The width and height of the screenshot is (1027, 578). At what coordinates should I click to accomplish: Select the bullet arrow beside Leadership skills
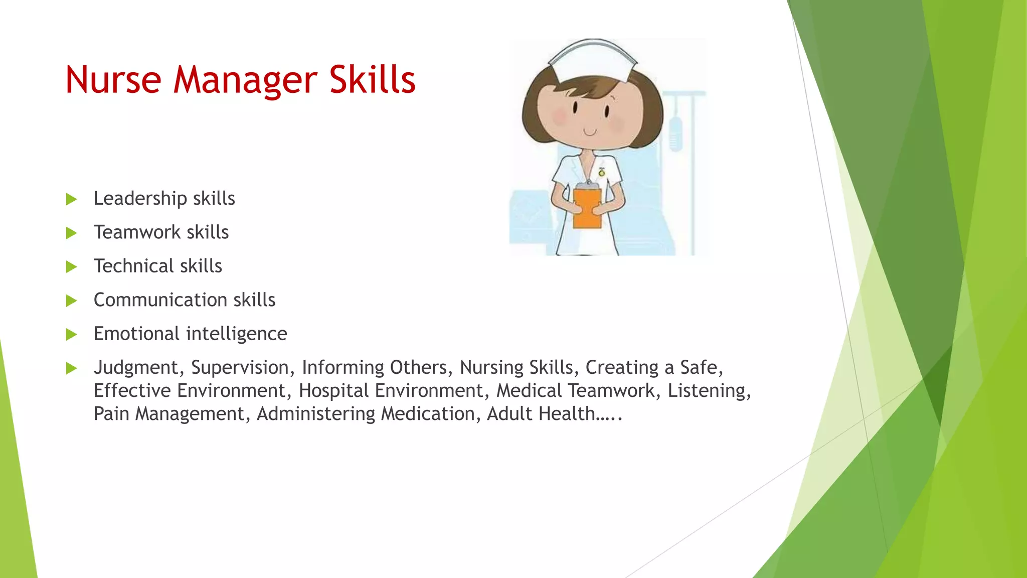tap(72, 199)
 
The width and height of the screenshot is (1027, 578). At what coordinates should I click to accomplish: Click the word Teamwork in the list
tap(137, 232)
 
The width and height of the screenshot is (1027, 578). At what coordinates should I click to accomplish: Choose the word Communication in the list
tap(160, 300)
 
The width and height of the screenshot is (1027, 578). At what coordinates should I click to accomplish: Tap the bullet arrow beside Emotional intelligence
tap(72, 334)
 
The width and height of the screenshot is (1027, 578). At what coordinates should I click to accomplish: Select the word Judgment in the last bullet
tap(136, 368)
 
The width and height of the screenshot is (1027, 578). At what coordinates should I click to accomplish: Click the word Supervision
tap(240, 368)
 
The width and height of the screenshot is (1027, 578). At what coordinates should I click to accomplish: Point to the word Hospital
tap(333, 391)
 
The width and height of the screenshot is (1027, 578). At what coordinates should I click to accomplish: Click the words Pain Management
tap(169, 414)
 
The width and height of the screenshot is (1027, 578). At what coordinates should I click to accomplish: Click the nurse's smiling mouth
tap(590, 132)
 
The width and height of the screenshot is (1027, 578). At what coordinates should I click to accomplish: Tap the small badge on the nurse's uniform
tap(602, 172)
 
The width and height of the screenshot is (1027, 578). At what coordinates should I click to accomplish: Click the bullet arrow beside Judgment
tap(72, 368)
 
